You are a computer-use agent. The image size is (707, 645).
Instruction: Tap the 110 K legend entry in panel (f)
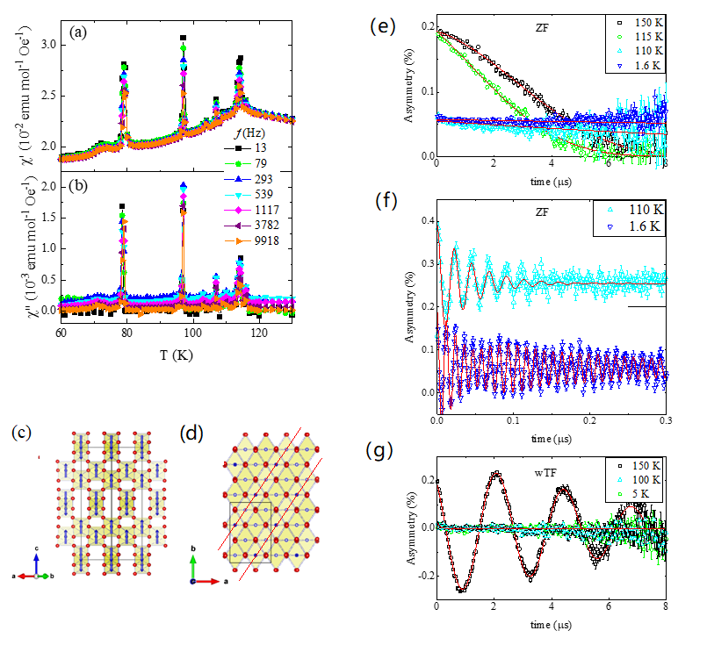[637, 211]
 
